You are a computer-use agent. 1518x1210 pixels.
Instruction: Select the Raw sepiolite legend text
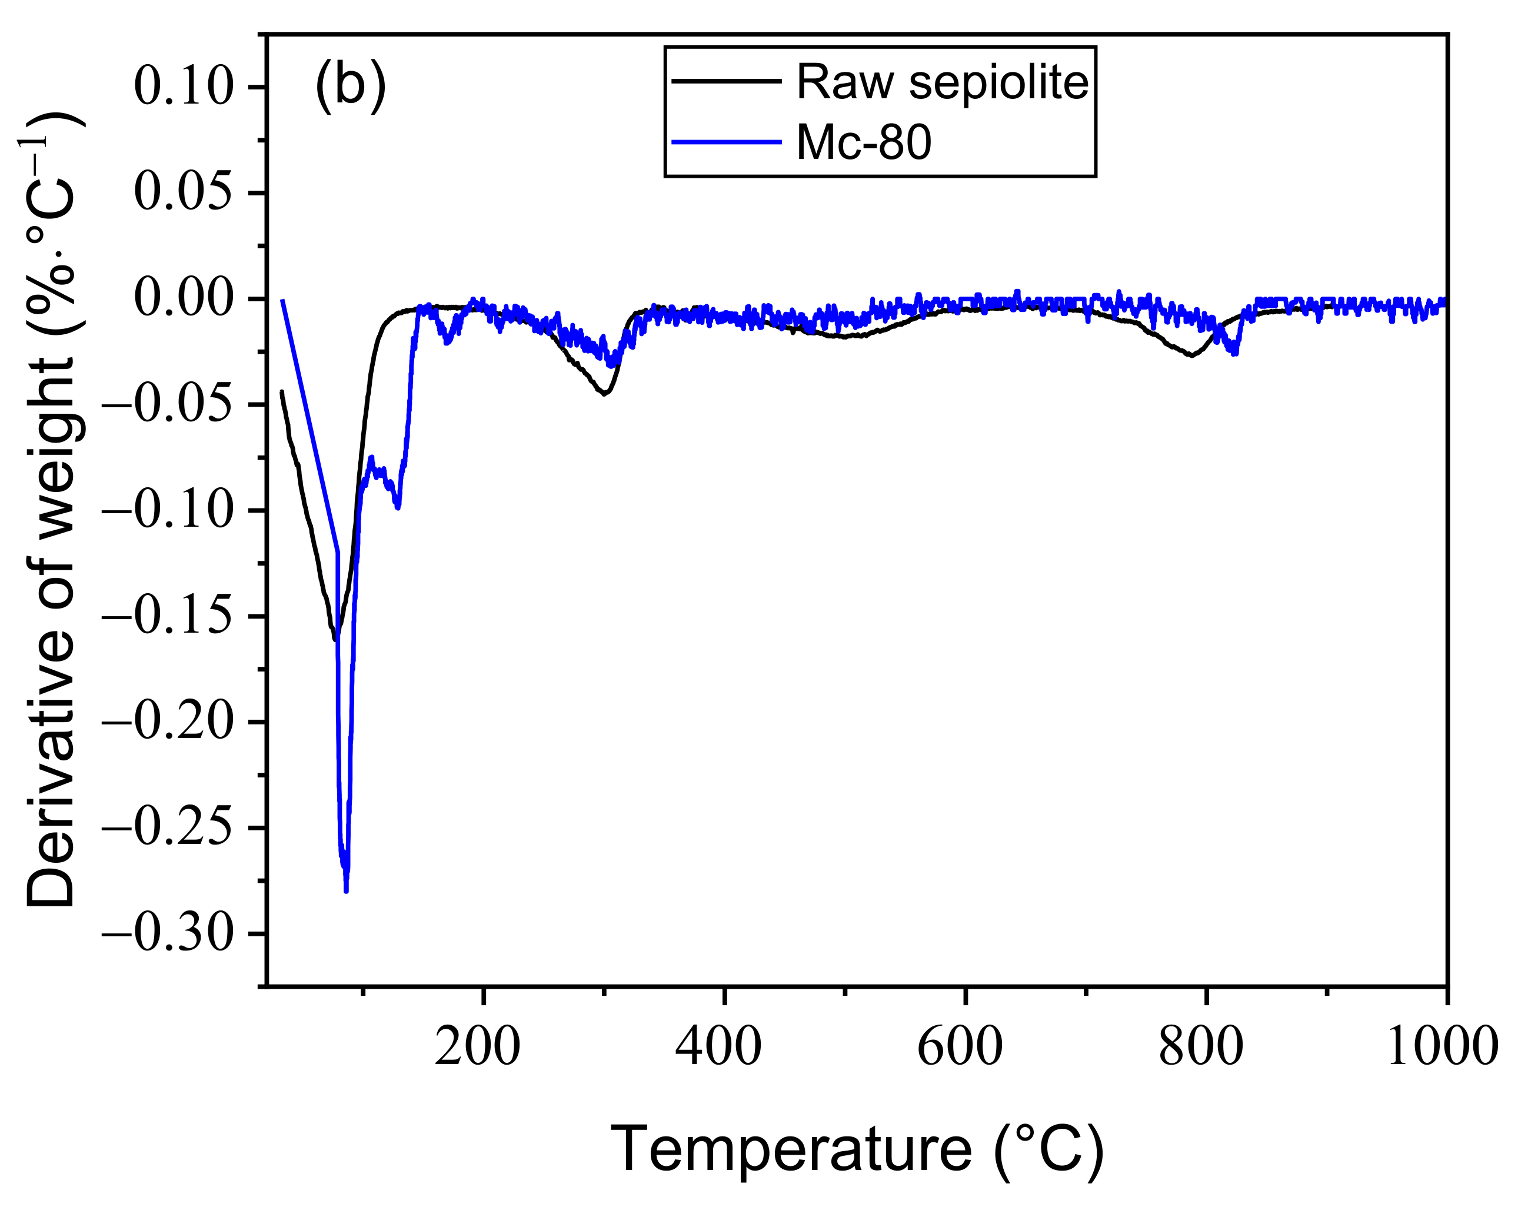tap(942, 82)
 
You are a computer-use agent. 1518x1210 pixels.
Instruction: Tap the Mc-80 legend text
tap(864, 142)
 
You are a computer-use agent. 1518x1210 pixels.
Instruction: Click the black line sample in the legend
tap(727, 81)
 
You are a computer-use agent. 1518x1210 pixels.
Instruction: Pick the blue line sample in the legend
tap(727, 142)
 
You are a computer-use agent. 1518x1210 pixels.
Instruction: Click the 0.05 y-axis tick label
tap(183, 193)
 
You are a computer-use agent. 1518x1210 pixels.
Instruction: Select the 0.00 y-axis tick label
tap(183, 298)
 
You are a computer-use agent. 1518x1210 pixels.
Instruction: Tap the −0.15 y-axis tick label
tap(168, 616)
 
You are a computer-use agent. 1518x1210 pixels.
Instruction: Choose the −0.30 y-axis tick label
tap(168, 934)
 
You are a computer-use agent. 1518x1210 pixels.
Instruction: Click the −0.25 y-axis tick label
tap(168, 828)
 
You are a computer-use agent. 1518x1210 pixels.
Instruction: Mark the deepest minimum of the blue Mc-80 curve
tap(346, 891)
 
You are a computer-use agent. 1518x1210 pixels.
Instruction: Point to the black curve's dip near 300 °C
tap(604, 394)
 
